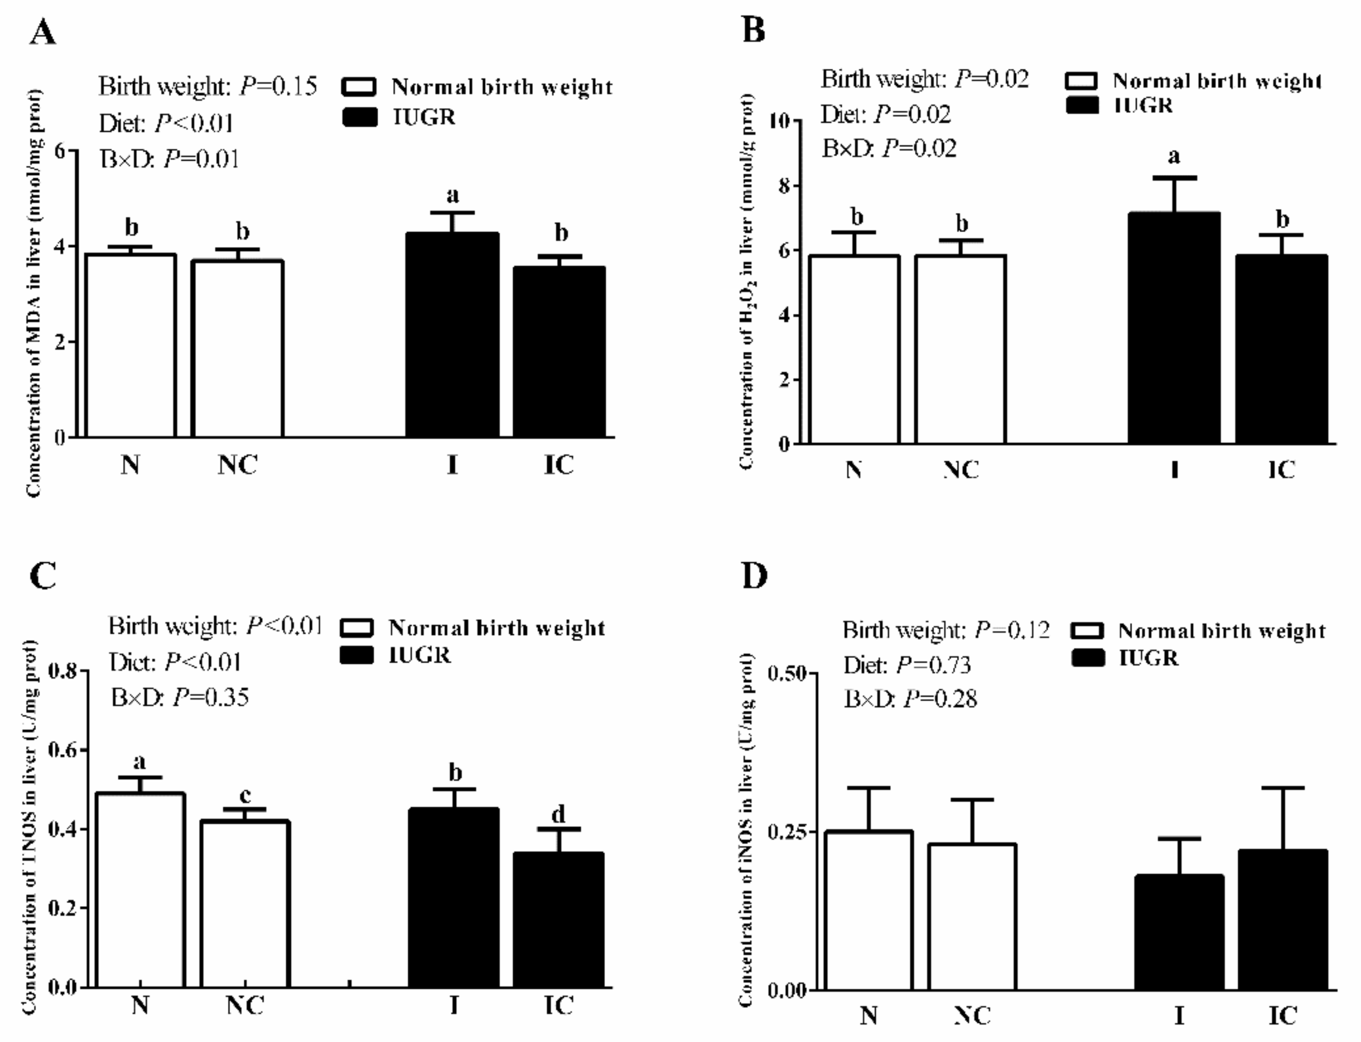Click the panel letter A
pyautogui.click(x=42, y=32)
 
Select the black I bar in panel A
pyautogui.click(x=452, y=335)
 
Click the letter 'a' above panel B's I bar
pyautogui.click(x=1174, y=156)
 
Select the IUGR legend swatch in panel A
pyautogui.click(x=359, y=117)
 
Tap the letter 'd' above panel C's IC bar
pyautogui.click(x=558, y=814)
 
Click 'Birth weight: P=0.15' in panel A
pyautogui.click(x=208, y=86)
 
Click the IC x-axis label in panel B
pyautogui.click(x=1281, y=470)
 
